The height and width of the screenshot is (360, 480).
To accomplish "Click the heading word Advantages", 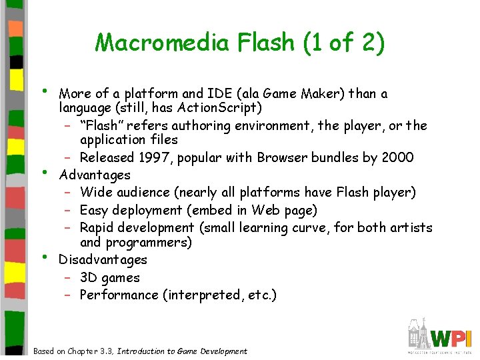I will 95,175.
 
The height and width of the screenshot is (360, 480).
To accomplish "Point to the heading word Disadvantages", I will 103,259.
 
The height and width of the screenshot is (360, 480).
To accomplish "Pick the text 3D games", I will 110,277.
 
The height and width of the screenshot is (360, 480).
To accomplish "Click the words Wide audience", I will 122,193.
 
